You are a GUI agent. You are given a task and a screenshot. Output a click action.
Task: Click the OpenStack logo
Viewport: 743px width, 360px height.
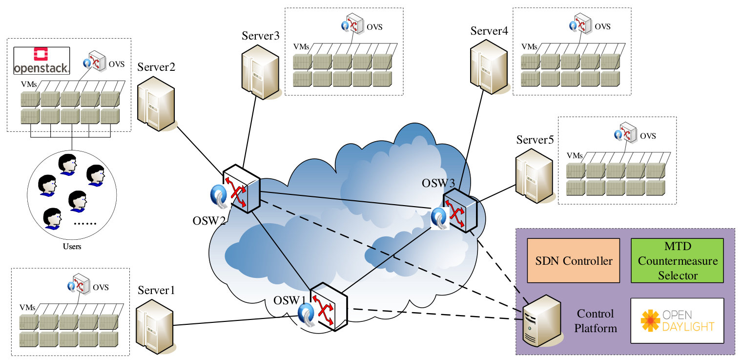coord(41,61)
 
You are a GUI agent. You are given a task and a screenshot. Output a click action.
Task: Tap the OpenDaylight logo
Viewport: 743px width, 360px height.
coord(677,320)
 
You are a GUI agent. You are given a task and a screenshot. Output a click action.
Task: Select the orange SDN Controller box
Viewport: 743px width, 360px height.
coord(574,261)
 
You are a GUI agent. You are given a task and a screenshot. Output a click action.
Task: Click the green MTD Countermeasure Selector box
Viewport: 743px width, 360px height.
coord(677,261)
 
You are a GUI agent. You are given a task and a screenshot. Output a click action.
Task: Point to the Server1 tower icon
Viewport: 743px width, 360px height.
coord(155,326)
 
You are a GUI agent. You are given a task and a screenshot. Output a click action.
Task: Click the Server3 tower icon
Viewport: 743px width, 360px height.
coord(260,72)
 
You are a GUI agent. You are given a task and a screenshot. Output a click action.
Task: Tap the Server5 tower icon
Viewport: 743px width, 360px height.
coord(535,175)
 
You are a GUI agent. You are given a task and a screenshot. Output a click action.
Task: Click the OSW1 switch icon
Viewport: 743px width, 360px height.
coord(329,307)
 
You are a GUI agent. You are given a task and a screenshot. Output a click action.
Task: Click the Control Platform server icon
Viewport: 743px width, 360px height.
coord(542,321)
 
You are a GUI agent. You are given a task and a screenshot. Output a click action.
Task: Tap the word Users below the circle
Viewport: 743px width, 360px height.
coord(72,247)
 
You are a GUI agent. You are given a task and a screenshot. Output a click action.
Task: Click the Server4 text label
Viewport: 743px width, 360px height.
coord(489,31)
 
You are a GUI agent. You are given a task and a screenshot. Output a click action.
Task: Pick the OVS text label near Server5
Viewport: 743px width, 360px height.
coord(648,136)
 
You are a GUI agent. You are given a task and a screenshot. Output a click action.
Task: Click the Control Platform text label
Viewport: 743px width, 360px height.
coord(596,321)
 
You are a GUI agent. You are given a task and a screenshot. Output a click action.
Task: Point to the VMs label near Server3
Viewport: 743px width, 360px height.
coord(301,47)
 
